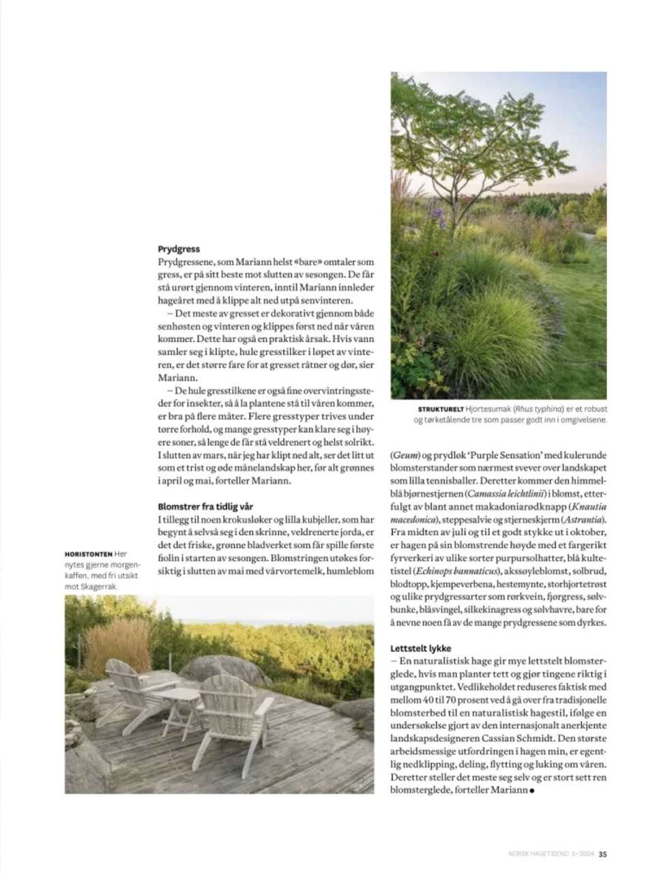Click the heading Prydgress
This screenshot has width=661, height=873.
pyautogui.click(x=178, y=250)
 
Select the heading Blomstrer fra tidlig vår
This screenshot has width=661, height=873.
pyautogui.click(x=205, y=507)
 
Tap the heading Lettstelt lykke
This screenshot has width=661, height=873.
pyautogui.click(x=421, y=648)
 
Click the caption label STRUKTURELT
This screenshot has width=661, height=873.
pyautogui.click(x=440, y=409)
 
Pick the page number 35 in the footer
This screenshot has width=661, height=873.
pyautogui.click(x=603, y=852)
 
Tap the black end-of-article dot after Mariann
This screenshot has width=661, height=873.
pyautogui.click(x=531, y=791)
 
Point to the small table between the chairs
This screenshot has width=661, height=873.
pyautogui.click(x=179, y=702)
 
